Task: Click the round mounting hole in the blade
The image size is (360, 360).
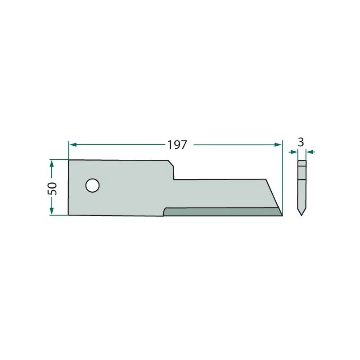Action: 92,185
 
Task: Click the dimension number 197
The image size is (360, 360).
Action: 177,145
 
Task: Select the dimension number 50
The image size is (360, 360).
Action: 52,188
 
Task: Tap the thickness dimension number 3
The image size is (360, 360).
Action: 301,142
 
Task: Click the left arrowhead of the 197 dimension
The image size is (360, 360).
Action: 73,144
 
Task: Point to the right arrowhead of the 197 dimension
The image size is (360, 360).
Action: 278,144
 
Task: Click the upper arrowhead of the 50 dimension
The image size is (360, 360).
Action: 52,164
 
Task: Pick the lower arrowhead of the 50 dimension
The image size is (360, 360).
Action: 52,211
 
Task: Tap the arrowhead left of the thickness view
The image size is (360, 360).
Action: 294,152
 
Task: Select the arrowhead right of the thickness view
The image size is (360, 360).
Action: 310,152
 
